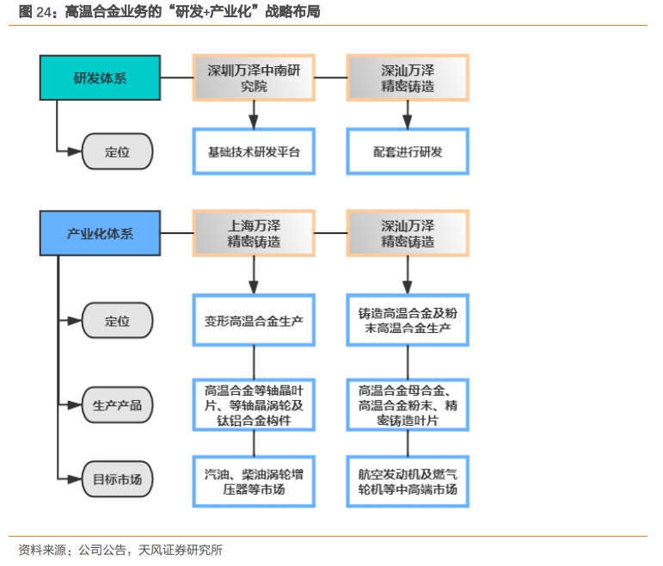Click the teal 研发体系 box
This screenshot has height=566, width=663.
click(x=101, y=77)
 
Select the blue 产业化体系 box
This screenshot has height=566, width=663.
click(x=101, y=233)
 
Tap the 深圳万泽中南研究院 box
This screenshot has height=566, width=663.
click(x=254, y=77)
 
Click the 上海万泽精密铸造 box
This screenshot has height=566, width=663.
click(x=254, y=233)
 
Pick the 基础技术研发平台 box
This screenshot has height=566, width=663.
click(x=254, y=151)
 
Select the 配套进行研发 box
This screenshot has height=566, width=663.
click(x=408, y=151)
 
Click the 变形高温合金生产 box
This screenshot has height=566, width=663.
click(x=254, y=320)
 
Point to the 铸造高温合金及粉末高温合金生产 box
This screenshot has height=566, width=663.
click(x=408, y=320)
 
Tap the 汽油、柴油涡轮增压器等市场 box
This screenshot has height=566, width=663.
click(x=254, y=482)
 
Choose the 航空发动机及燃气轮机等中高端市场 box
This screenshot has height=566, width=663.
click(x=408, y=482)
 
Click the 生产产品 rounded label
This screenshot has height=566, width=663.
click(x=117, y=405)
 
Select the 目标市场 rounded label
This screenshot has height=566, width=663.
click(x=117, y=479)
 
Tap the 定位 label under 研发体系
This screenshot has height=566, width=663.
click(x=117, y=151)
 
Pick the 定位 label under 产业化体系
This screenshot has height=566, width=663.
click(x=117, y=320)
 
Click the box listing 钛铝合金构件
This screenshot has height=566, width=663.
click(x=254, y=405)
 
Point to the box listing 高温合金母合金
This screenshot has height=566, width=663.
click(x=408, y=405)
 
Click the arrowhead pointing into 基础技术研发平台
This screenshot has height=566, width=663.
click(x=254, y=122)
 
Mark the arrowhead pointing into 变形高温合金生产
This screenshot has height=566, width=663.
click(x=254, y=286)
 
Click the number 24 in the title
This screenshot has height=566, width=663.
click(x=44, y=12)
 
